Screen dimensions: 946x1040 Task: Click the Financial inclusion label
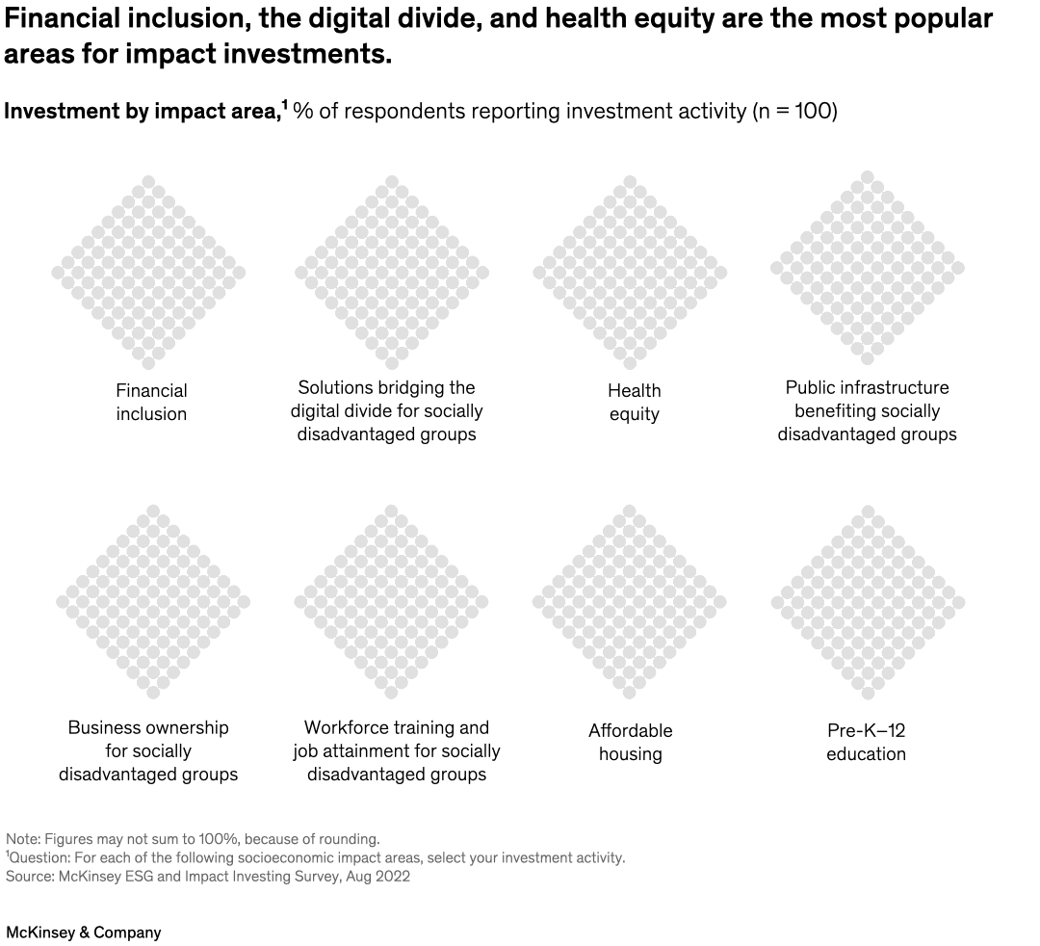pyautogui.click(x=151, y=403)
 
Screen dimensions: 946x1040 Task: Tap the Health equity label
pyautogui.click(x=634, y=403)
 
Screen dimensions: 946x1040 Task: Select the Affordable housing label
pyautogui.click(x=630, y=743)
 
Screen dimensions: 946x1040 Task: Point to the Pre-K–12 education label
pyautogui.click(x=866, y=743)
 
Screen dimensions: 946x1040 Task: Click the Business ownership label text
pyautogui.click(x=148, y=751)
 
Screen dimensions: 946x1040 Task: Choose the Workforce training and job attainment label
pyautogui.click(x=396, y=751)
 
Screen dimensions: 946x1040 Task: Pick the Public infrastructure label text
pyautogui.click(x=867, y=411)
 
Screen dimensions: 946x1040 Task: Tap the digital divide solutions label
pyautogui.click(x=386, y=411)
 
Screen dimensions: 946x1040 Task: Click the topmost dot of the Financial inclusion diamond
pyautogui.click(x=148, y=181)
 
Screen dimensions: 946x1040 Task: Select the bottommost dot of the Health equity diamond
pyautogui.click(x=629, y=363)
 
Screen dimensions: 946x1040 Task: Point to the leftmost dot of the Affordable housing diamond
pyautogui.click(x=538, y=602)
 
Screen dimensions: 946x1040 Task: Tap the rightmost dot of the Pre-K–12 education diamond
pyautogui.click(x=958, y=602)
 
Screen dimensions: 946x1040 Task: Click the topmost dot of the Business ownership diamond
pyautogui.click(x=152, y=511)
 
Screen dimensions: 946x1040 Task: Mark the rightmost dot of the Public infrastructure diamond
pyautogui.click(x=958, y=268)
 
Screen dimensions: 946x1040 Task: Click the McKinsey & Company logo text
pyautogui.click(x=84, y=933)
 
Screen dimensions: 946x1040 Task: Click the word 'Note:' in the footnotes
pyautogui.click(x=23, y=839)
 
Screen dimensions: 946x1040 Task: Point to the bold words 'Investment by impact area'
pyautogui.click(x=141, y=112)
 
